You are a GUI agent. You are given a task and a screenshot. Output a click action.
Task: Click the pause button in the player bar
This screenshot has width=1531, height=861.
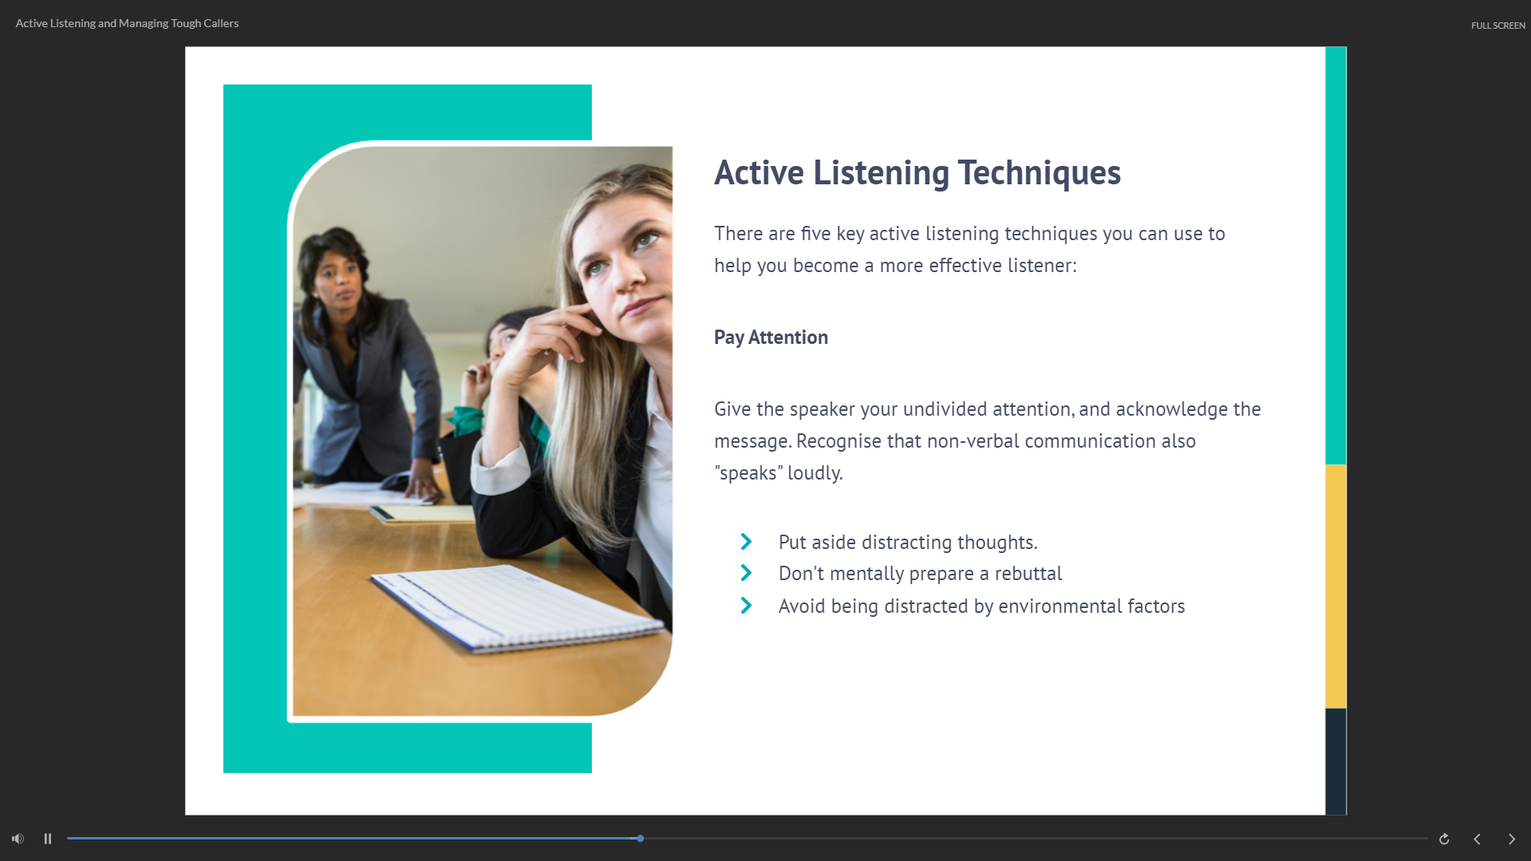(48, 839)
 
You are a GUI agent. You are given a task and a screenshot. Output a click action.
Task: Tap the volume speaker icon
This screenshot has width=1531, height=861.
(18, 839)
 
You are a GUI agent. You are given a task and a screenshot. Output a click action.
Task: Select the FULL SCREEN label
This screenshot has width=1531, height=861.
(1498, 26)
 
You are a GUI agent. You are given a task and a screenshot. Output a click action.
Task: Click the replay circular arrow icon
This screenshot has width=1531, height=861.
(1444, 839)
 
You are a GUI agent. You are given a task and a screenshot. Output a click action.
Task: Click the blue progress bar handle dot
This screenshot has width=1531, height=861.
(640, 839)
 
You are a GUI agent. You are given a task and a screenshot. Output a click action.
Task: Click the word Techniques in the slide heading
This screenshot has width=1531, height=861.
(1039, 172)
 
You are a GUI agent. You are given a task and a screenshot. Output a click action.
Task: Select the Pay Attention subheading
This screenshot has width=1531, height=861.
(771, 338)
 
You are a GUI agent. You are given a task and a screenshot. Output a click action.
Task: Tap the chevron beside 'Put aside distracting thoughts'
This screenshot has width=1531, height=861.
(746, 542)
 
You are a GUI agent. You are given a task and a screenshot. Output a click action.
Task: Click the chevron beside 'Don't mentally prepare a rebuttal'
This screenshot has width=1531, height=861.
(746, 573)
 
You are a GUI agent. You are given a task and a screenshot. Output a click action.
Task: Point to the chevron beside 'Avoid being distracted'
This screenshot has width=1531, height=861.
(746, 606)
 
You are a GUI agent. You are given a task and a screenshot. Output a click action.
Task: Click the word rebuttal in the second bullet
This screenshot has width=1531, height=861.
(1028, 573)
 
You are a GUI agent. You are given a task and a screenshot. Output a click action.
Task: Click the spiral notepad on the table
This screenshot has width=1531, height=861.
(519, 608)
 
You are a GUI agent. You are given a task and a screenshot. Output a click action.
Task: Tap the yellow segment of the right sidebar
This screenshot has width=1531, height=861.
(1336, 587)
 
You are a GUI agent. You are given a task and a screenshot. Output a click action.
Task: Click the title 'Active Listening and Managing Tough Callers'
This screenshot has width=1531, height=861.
(127, 23)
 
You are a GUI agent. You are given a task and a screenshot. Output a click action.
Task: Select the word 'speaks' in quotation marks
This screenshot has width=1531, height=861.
(748, 473)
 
